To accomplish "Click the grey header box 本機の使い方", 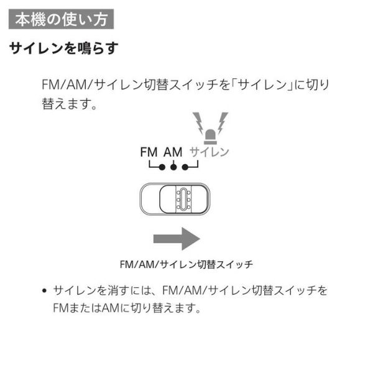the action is (x=61, y=19).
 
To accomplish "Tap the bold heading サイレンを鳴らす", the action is (x=63, y=48).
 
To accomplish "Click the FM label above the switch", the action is (x=149, y=152).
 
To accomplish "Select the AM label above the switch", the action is (x=173, y=152).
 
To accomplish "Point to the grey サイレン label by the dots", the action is (x=209, y=152).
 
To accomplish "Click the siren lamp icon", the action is (x=211, y=137).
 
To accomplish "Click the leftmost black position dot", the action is (x=162, y=167).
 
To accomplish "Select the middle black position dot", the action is (x=173, y=167).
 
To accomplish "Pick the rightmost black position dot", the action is (x=185, y=167).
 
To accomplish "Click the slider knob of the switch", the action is (x=183, y=199).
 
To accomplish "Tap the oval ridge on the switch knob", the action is (x=183, y=199).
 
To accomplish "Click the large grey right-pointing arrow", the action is (x=177, y=239).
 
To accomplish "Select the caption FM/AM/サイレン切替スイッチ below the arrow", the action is (x=186, y=265).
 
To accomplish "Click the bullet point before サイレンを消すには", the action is (x=44, y=290).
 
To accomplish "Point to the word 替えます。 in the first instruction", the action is (x=69, y=104).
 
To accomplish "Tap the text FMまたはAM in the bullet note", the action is (x=86, y=308).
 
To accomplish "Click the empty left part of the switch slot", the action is (x=150, y=199).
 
